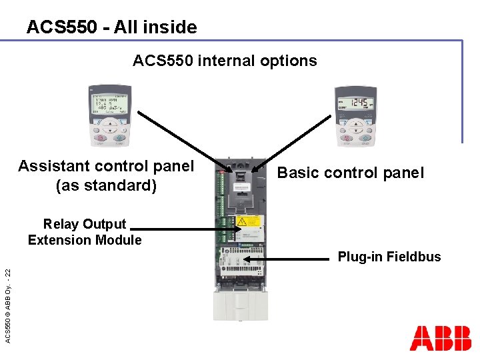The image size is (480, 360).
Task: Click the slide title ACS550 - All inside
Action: click(x=111, y=27)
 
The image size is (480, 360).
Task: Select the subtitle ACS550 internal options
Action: click(x=225, y=61)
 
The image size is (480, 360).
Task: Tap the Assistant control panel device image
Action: click(x=108, y=115)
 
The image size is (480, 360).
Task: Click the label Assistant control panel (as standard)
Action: click(x=106, y=175)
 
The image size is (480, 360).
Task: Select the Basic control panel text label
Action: click(x=350, y=173)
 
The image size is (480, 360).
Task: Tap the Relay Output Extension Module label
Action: click(x=85, y=232)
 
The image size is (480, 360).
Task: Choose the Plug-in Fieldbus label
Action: click(x=389, y=257)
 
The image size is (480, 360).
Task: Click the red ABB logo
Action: click(x=440, y=338)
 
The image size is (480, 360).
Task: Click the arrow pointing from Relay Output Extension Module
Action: click(x=183, y=229)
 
